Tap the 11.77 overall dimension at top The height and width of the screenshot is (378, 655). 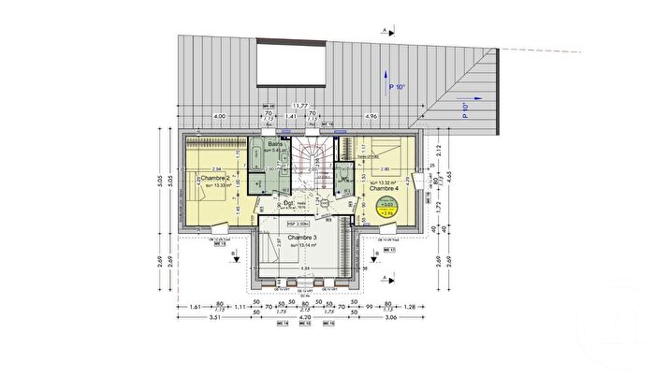point(299,107)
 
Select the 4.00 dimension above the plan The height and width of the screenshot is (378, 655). point(219,116)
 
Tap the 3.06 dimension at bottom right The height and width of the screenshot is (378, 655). point(391,318)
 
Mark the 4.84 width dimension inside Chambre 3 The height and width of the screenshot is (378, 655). point(305,269)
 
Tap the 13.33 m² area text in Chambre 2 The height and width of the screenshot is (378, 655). point(218,184)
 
